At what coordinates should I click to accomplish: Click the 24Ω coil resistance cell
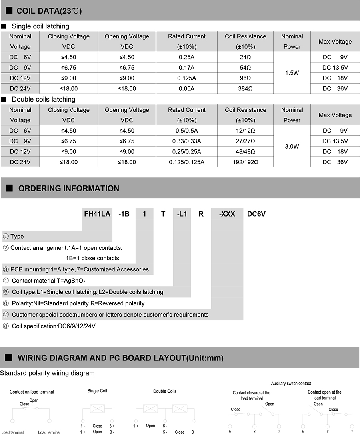pyautogui.click(x=245, y=57)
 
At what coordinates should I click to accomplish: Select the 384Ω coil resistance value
pyautogui.click(x=245, y=88)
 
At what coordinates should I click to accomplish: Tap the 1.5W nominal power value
pyautogui.click(x=292, y=73)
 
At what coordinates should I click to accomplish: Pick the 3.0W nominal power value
pyautogui.click(x=292, y=147)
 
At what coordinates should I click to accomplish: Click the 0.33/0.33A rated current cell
pyautogui.click(x=186, y=141)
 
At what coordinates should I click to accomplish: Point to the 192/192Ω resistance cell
pyautogui.click(x=245, y=162)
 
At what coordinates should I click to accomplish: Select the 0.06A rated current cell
pyautogui.click(x=186, y=88)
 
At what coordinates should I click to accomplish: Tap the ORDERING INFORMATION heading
pyautogui.click(x=68, y=188)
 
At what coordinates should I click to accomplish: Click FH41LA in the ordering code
pyautogui.click(x=97, y=214)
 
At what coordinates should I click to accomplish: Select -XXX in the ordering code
pyautogui.click(x=227, y=214)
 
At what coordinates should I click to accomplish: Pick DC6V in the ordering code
pyautogui.click(x=256, y=214)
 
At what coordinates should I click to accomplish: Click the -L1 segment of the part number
pyautogui.click(x=182, y=214)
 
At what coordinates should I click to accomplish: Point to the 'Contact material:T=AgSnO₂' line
pyautogui.click(x=49, y=281)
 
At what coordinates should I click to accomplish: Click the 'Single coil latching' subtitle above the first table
pyautogui.click(x=40, y=26)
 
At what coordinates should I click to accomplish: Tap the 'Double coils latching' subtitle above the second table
pyautogui.click(x=43, y=99)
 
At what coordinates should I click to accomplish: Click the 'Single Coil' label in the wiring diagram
pyautogui.click(x=97, y=391)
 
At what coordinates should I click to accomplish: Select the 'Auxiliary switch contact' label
pyautogui.click(x=291, y=384)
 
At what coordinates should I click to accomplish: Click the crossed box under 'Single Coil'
pyautogui.click(x=97, y=409)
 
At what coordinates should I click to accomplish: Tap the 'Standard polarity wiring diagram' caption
pyautogui.click(x=48, y=373)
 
